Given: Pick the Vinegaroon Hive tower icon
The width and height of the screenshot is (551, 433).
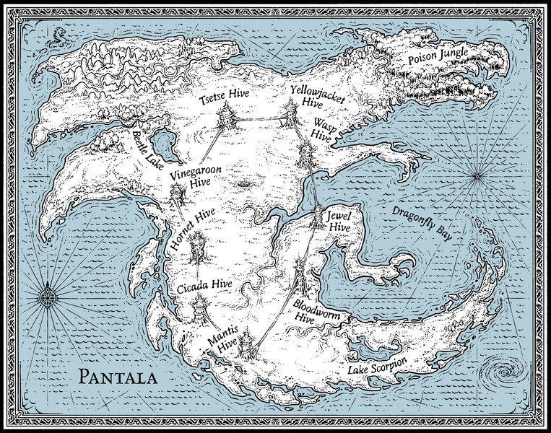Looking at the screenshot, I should (x=178, y=193).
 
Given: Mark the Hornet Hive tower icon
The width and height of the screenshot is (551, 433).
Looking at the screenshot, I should (x=196, y=250).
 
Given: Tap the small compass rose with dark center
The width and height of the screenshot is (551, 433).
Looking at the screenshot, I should (x=49, y=297).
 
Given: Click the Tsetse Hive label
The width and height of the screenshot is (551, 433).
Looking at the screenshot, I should (x=224, y=95).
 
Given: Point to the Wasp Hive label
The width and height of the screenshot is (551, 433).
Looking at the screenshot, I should (x=323, y=133).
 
